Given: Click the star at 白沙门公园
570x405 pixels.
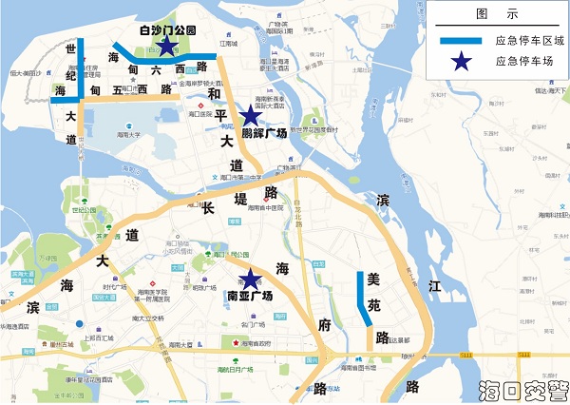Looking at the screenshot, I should click(x=166, y=45).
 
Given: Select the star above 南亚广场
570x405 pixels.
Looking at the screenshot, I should click(x=250, y=279).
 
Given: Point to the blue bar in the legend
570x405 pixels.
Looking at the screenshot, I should click(x=462, y=41).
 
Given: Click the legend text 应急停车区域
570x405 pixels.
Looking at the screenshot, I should click(x=529, y=41).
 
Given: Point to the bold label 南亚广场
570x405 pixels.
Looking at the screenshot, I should click(x=250, y=297).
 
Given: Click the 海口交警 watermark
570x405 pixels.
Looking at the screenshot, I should click(x=524, y=390).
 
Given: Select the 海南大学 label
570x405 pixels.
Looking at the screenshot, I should click(x=129, y=135).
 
